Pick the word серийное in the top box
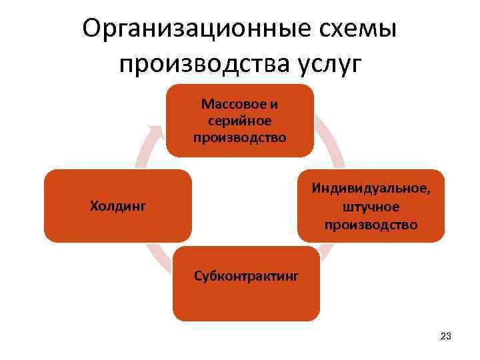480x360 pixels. click(239, 121)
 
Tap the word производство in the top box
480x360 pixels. click(239, 137)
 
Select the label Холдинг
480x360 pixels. click(117, 206)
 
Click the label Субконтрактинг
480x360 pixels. click(246, 275)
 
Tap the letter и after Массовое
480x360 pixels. click(274, 105)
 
